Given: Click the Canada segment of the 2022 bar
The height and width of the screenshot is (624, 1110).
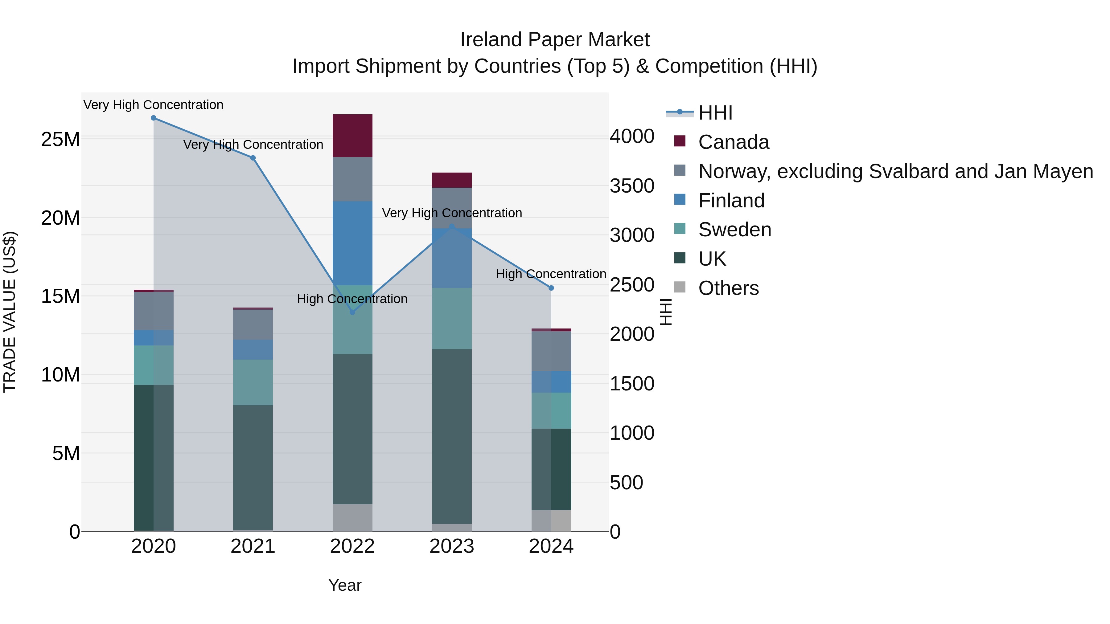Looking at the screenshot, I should click(352, 136).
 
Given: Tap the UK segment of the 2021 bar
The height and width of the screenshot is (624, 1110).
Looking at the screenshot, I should click(253, 467).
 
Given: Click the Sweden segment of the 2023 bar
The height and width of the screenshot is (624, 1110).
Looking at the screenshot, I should click(452, 318).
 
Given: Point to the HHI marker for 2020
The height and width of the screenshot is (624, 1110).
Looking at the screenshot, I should click(154, 118).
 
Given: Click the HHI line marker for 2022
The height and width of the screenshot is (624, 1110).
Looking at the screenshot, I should click(352, 312).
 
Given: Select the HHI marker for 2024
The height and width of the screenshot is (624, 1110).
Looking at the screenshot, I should click(551, 288).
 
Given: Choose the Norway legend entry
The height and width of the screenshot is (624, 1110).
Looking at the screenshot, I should click(895, 171).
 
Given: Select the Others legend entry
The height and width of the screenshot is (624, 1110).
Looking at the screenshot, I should click(728, 288).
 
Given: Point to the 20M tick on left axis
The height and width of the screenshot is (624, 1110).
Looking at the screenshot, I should click(60, 218).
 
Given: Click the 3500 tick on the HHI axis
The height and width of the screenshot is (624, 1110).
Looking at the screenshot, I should click(632, 186).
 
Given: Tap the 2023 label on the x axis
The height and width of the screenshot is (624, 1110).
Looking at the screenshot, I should click(452, 546).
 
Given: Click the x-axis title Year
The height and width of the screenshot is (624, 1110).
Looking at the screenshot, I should click(345, 585).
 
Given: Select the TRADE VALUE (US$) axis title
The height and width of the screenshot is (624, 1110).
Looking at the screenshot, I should click(10, 312).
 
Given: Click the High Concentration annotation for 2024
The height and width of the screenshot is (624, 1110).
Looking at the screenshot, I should click(551, 274).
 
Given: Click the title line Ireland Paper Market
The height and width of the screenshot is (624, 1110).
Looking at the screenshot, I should click(555, 40).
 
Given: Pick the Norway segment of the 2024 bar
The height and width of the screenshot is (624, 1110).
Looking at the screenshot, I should click(551, 351).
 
